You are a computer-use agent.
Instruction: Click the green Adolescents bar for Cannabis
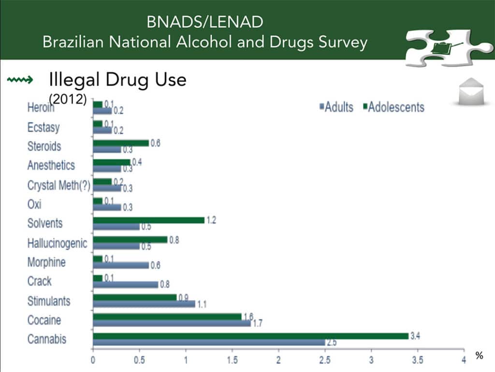tap(251, 336)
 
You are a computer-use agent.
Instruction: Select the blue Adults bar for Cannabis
tap(209, 342)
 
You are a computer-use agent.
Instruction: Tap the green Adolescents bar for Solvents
tap(149, 220)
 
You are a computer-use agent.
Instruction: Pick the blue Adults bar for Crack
tap(126, 285)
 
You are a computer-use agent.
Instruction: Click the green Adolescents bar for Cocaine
tap(167, 317)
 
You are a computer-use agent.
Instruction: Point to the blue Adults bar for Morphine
tap(121, 265)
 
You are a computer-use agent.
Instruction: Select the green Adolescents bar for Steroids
tap(121, 143)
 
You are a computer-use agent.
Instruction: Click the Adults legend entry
tap(336, 107)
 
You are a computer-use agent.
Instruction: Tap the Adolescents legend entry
tap(394, 107)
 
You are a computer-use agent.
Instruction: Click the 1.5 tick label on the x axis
tap(232, 360)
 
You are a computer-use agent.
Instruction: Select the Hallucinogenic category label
tap(57, 243)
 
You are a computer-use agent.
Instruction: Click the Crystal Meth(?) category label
tap(58, 185)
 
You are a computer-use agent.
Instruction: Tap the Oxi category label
tap(34, 204)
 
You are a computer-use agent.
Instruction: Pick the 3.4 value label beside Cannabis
tap(415, 336)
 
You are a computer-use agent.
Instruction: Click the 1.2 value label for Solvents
tap(211, 220)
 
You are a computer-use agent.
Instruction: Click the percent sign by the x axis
tap(479, 356)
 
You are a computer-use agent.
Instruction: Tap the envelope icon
tap(471, 91)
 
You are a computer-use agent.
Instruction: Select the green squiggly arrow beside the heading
tap(20, 80)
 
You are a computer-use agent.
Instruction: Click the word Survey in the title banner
tap(343, 42)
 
